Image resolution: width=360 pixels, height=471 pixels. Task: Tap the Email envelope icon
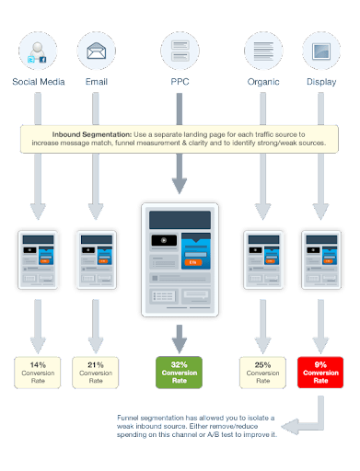(96, 51)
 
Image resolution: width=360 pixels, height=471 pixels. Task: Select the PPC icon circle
(180, 51)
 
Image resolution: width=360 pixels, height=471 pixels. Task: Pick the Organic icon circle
(263, 51)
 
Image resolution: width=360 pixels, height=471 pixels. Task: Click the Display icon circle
(320, 51)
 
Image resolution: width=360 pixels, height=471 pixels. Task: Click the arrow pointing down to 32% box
(180, 337)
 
